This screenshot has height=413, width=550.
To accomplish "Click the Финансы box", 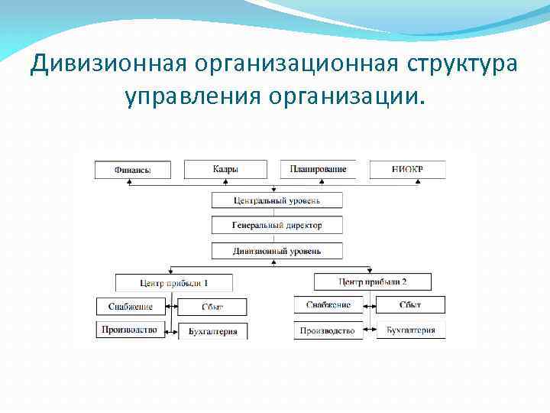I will tap(133, 170).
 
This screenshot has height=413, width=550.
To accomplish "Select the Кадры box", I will tap(225, 169).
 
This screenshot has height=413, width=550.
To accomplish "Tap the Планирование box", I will tap(318, 169).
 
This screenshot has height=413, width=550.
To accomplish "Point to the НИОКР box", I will tap(407, 169).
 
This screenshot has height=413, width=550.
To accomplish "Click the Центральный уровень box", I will tap(277, 200).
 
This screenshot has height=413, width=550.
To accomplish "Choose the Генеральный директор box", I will tap(277, 226).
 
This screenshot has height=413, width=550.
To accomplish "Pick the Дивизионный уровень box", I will tap(277, 251).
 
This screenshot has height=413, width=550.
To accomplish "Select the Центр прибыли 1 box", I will tap(174, 282).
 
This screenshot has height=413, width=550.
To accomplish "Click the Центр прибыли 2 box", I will tap(373, 281).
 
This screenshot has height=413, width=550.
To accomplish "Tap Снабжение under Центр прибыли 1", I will tap(131, 307).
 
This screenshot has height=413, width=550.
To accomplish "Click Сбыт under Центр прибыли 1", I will tap(212, 307).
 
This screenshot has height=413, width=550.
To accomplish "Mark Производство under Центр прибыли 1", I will tap(131, 330).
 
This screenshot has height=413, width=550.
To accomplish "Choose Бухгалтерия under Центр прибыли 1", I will tap(212, 331).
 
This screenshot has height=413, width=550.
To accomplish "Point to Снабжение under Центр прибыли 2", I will tap(328, 304).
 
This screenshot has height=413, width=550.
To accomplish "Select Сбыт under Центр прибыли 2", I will tap(410, 304).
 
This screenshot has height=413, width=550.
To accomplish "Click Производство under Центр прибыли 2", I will tap(328, 330).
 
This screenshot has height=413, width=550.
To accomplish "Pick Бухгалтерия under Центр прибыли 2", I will tap(410, 330).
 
